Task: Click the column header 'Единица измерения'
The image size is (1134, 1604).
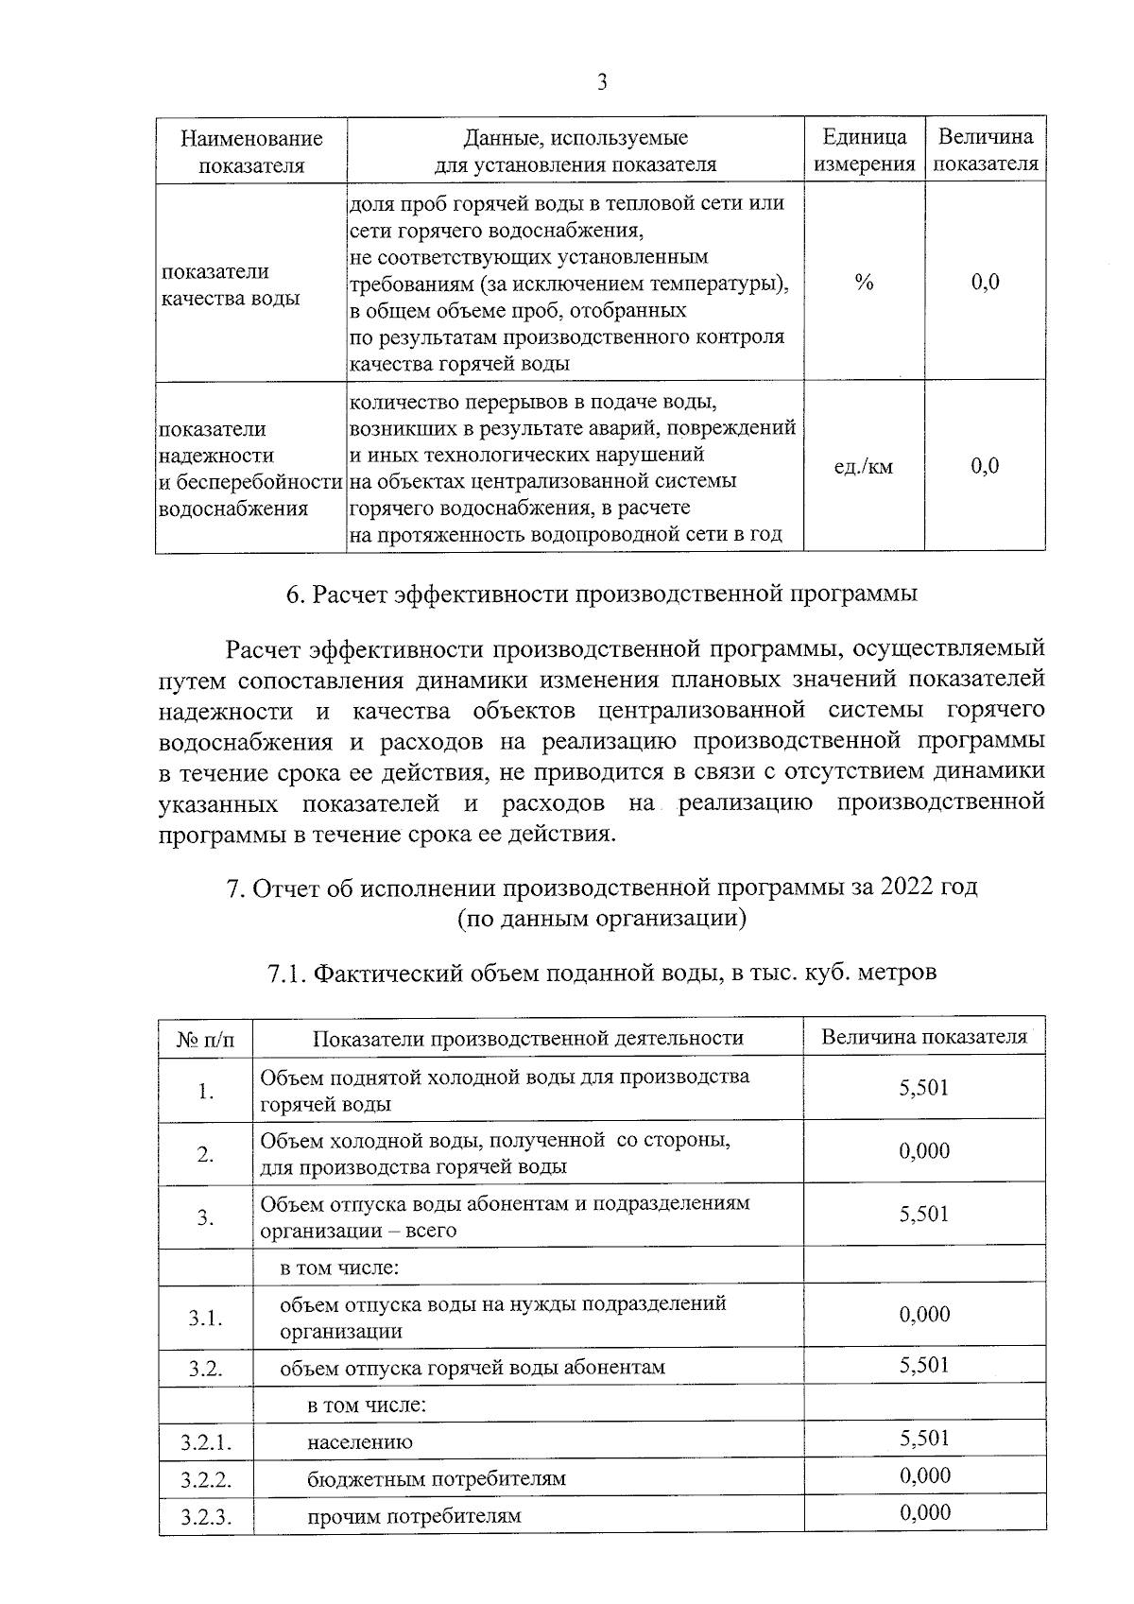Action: tap(865, 150)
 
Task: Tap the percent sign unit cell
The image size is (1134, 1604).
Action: tap(864, 283)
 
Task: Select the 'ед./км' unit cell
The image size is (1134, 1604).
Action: tap(864, 467)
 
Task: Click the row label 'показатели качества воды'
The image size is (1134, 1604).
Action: tap(231, 285)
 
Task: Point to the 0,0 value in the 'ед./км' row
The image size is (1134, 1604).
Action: tap(985, 466)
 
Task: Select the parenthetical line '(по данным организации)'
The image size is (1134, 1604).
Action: tap(602, 918)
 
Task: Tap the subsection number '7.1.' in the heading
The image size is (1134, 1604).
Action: tap(287, 973)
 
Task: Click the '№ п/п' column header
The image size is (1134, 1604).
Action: tap(206, 1039)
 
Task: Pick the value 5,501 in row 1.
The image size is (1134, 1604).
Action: tap(923, 1088)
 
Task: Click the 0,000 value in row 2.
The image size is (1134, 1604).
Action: tap(923, 1151)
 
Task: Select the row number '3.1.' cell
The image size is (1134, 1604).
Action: tap(205, 1317)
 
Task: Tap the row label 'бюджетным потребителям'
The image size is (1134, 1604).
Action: tap(436, 1478)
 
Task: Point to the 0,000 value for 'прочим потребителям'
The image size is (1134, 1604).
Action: tap(924, 1512)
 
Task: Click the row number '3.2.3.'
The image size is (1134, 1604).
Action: tap(206, 1517)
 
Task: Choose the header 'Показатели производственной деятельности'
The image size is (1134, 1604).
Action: tap(528, 1038)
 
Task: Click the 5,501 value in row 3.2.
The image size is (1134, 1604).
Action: tap(923, 1365)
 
